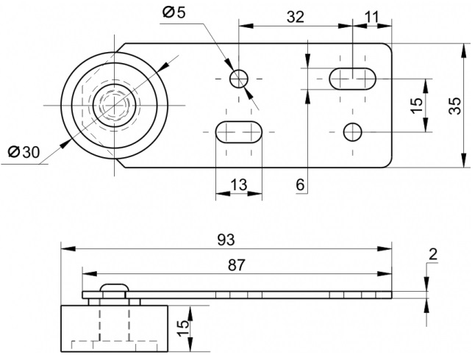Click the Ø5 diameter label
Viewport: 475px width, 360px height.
point(174,12)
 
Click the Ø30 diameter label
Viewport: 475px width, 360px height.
point(24,151)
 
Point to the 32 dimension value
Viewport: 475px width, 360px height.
point(296,17)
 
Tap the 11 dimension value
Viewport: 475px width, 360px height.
point(372,17)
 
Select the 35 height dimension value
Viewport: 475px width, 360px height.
point(454,106)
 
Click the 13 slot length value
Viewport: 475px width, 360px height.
point(239,184)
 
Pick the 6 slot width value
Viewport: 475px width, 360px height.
point(300,184)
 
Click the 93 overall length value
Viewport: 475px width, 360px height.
point(226,240)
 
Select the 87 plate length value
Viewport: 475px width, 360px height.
point(236,265)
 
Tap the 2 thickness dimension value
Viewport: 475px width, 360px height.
point(433,254)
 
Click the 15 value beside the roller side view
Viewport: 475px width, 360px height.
point(182,328)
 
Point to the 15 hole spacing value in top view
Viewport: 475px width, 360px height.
point(417,106)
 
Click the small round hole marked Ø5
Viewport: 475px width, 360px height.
point(239,79)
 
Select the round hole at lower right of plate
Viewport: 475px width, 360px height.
point(353,132)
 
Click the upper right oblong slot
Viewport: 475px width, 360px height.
point(353,79)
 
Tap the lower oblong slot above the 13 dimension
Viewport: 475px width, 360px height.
point(239,132)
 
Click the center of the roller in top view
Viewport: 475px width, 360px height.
point(115,105)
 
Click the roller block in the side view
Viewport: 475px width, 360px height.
point(115,328)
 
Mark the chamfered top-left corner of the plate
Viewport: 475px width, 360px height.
point(121,48)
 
